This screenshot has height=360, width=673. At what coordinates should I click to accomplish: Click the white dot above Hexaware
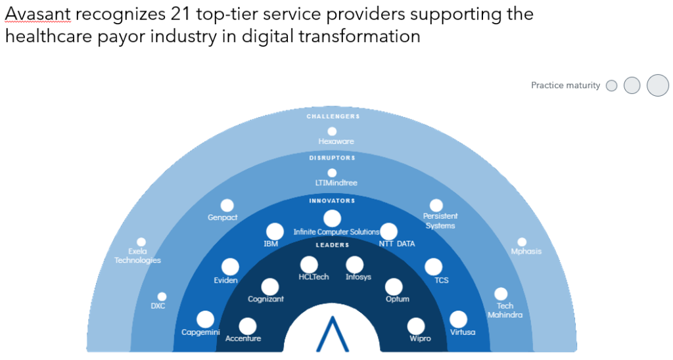(332, 131)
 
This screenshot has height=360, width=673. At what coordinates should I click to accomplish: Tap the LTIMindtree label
(336, 183)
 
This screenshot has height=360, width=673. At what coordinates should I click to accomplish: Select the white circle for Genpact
(227, 206)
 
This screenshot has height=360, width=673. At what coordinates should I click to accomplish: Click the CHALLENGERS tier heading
(333, 116)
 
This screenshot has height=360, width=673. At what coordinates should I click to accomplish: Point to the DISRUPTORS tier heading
(332, 158)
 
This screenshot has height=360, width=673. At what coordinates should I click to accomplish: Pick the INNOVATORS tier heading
(332, 201)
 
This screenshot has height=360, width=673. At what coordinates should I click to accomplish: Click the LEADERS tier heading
(333, 245)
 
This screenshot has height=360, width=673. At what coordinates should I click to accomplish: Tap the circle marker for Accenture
(248, 326)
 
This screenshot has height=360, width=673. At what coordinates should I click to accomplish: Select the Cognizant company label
(266, 299)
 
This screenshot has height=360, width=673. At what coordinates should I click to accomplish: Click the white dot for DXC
(162, 296)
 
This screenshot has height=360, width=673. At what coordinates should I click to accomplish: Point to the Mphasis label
(526, 252)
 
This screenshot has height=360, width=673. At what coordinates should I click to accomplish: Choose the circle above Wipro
(416, 326)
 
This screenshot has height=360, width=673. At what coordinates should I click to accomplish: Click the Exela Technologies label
(137, 256)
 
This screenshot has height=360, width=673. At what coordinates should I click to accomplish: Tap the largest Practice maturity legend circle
(658, 85)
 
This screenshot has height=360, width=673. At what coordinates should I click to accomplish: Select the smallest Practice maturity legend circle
(612, 86)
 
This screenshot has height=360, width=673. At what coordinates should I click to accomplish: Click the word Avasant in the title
(37, 14)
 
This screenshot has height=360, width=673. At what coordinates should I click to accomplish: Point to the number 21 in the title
(180, 14)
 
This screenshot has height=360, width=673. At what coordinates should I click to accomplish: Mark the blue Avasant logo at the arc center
(332, 334)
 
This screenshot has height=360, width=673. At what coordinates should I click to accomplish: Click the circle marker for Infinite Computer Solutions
(332, 218)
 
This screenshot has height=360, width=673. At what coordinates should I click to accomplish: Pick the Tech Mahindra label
(505, 310)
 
